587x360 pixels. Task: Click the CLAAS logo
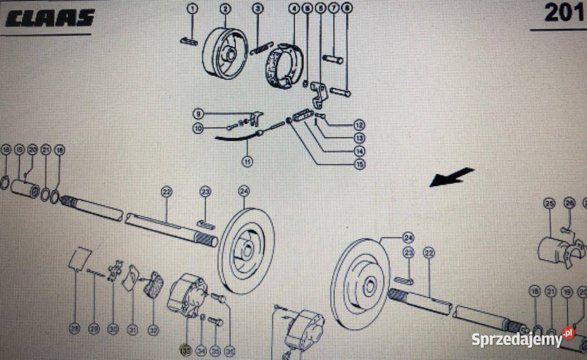click(x=51, y=17)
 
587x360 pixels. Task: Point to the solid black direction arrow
click(x=452, y=177)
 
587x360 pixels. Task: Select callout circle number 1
click(x=193, y=9)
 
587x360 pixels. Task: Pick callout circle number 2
click(x=226, y=9)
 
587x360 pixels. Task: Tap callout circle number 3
click(x=258, y=9)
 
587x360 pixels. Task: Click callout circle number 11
click(x=248, y=162)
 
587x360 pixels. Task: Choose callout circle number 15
click(x=360, y=164)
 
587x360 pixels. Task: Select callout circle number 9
click(x=198, y=114)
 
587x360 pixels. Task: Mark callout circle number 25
click(x=548, y=204)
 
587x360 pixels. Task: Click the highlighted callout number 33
click(x=185, y=350)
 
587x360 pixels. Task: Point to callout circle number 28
click(x=75, y=329)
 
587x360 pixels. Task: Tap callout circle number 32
click(x=153, y=329)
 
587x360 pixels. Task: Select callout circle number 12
click(x=360, y=125)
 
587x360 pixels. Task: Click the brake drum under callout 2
click(x=223, y=54)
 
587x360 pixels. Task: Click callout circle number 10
click(x=198, y=128)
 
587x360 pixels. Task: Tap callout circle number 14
click(x=360, y=151)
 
